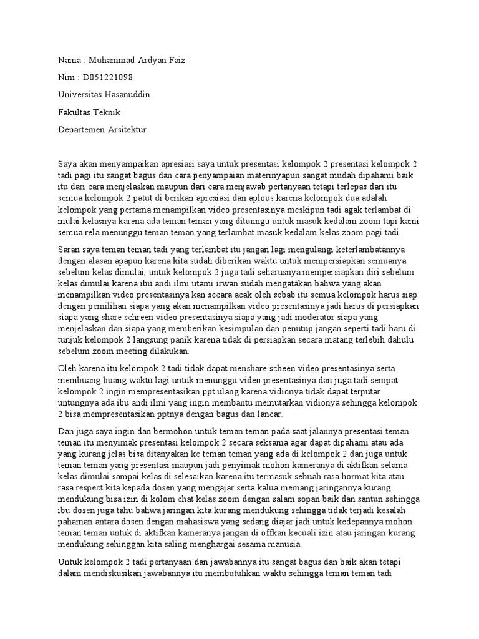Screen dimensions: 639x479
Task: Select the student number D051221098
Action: (x=105, y=77)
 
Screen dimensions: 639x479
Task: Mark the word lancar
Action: (x=269, y=414)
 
